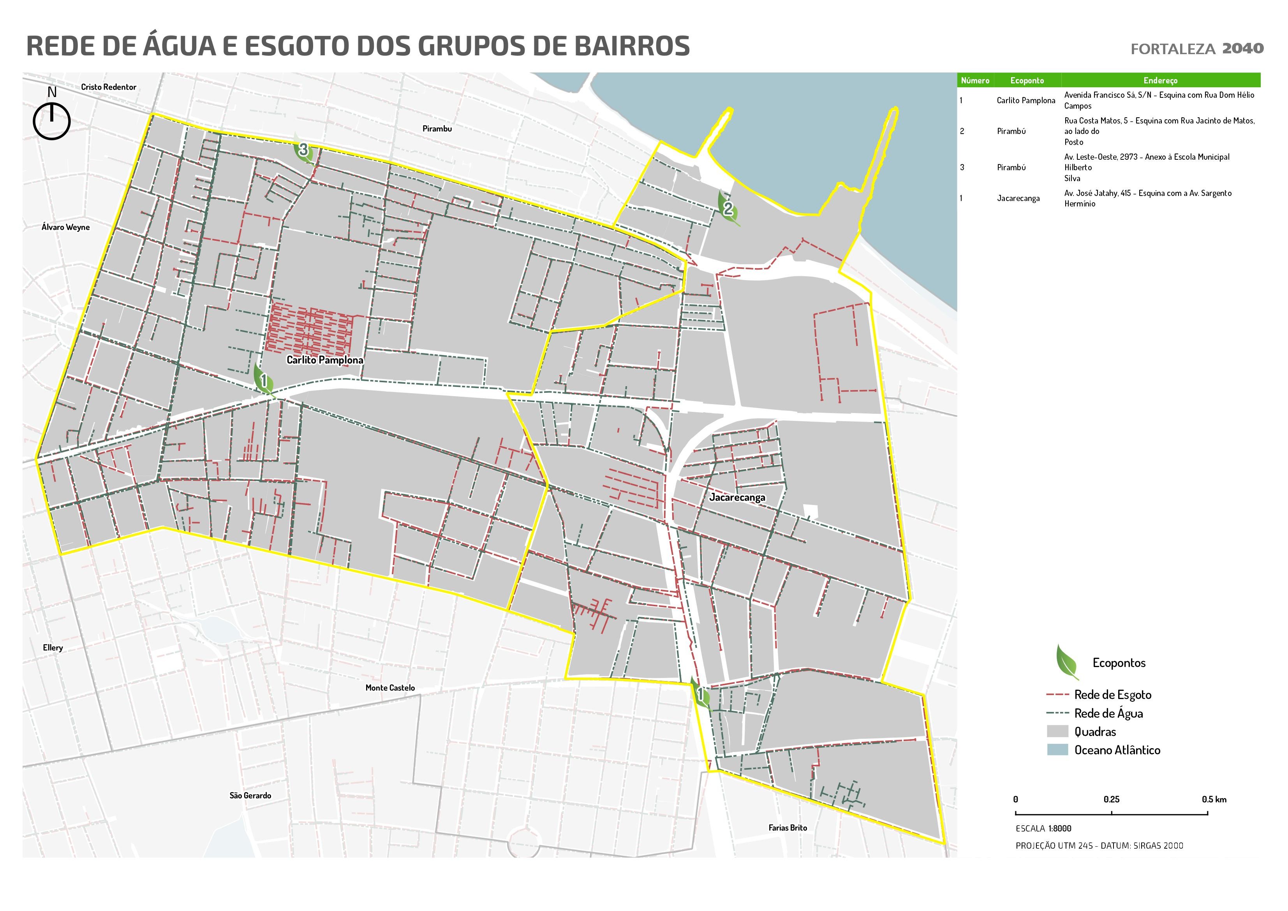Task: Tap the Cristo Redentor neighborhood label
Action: click(x=108, y=87)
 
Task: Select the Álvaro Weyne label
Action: click(x=66, y=227)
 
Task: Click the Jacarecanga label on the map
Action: click(x=737, y=497)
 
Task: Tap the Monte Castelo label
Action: click(x=390, y=688)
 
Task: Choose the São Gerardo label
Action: click(x=250, y=795)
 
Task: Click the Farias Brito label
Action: click(x=788, y=827)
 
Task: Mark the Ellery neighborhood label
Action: click(x=53, y=647)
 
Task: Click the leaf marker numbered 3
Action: click(x=303, y=150)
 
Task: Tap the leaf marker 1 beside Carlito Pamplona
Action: click(x=263, y=380)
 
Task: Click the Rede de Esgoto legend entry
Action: click(x=1112, y=695)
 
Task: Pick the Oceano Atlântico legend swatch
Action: click(x=1057, y=750)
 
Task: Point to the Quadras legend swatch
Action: click(x=1057, y=731)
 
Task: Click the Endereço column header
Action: click(x=1160, y=80)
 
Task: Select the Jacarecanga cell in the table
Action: click(x=1018, y=198)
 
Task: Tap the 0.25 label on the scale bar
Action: click(x=1111, y=799)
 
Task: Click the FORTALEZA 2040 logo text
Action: click(x=1196, y=49)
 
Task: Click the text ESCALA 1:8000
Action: click(x=1043, y=828)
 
